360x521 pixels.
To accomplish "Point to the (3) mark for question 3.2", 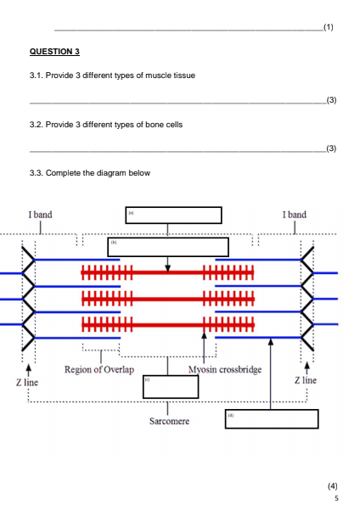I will click(332, 148).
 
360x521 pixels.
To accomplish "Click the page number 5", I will click(337, 499).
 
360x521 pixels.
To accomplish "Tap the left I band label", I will click(41, 215).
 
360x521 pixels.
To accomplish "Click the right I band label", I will click(295, 215).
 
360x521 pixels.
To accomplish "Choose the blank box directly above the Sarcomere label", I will click(170, 387).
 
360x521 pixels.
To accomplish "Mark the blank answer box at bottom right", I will click(271, 419).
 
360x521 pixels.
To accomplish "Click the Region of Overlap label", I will click(103, 369).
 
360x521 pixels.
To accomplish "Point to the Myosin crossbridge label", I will click(224, 369).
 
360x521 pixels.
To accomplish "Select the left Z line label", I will click(27, 383).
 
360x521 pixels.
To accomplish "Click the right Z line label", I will click(307, 383).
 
